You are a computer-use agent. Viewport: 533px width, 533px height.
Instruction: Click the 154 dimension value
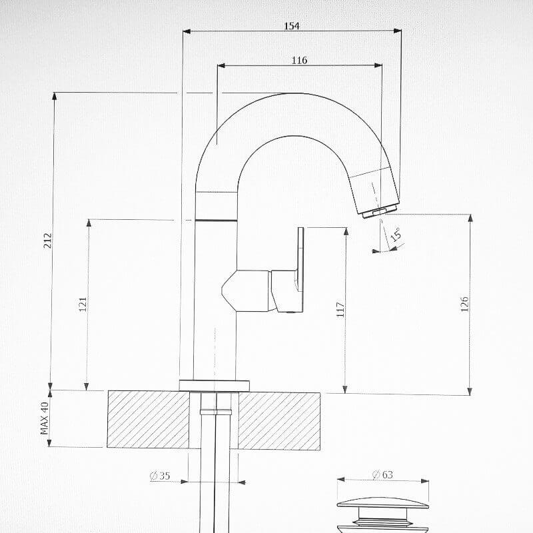pyautogui.click(x=292, y=26)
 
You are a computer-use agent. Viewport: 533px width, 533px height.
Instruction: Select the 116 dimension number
pyautogui.click(x=299, y=60)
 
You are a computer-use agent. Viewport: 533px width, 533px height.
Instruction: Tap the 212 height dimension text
pyautogui.click(x=48, y=241)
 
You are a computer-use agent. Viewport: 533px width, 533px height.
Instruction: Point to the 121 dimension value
pyautogui.click(x=83, y=304)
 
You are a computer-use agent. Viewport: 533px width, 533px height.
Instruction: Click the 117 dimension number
pyautogui.click(x=340, y=309)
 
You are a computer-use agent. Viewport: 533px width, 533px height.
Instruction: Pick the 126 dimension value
pyautogui.click(x=464, y=304)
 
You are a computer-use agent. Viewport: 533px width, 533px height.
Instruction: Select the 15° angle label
pyautogui.click(x=396, y=235)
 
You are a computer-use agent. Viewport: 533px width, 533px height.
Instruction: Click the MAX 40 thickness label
pyautogui.click(x=45, y=418)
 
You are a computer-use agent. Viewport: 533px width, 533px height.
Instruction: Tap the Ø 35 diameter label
pyautogui.click(x=160, y=476)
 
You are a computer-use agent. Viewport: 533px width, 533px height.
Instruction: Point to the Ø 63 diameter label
pyautogui.click(x=382, y=474)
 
